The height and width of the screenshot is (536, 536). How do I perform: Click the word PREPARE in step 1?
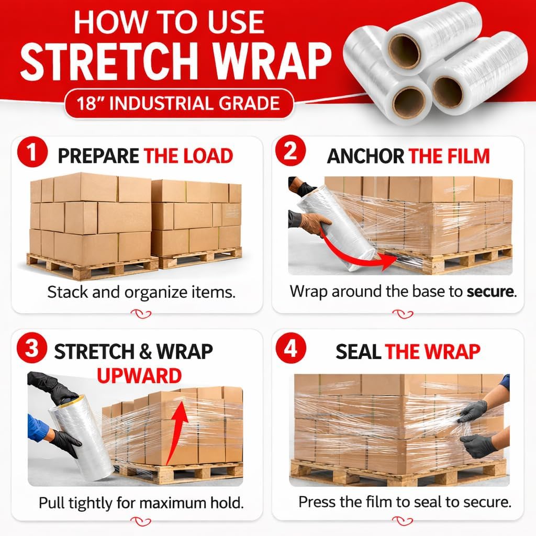click(x=98, y=156)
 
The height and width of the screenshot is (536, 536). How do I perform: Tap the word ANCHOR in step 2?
click(x=365, y=156)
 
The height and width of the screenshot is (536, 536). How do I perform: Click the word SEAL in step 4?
click(x=358, y=352)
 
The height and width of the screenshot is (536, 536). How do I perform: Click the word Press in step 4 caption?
click(x=316, y=502)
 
